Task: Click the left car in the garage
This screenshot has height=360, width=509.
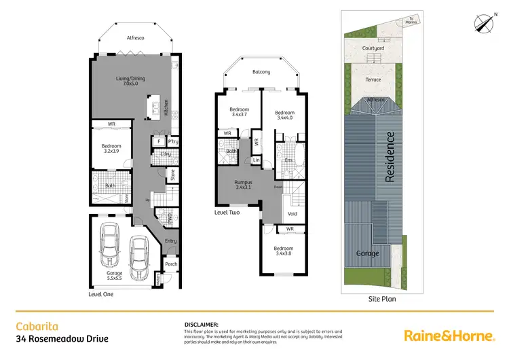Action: [110, 247]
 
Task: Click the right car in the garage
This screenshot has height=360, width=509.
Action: [140, 258]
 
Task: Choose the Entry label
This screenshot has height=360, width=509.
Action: [170, 240]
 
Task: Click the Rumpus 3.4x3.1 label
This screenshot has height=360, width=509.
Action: [243, 184]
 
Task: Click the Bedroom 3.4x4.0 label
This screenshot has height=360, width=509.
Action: [284, 115]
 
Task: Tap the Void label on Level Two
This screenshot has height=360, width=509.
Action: [293, 213]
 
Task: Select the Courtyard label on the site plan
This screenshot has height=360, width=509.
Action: [373, 49]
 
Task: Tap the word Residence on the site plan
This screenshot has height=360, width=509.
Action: [390, 157]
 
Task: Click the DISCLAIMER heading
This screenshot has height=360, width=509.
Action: [201, 325]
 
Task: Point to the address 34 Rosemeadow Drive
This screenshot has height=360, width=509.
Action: [62, 338]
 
